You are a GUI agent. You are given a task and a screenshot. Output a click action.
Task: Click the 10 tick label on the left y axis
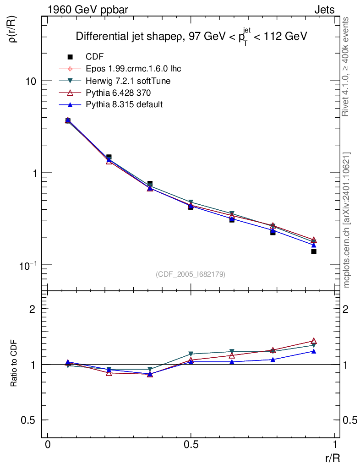point(31,81)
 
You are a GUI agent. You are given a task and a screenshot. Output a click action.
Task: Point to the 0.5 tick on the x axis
point(191,445)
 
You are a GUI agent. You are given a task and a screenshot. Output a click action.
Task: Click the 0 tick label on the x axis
point(48,445)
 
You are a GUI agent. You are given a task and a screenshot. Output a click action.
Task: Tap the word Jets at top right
point(324,10)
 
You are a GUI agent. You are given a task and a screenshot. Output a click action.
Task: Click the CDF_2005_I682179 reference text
point(191,274)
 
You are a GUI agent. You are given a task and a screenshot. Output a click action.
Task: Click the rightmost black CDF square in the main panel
point(314,251)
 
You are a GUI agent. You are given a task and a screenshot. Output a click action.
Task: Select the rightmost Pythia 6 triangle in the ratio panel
point(314,341)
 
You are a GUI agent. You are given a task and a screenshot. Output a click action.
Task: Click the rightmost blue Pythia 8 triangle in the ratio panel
point(314,351)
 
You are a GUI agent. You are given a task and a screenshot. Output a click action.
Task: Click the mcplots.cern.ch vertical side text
point(347,220)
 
